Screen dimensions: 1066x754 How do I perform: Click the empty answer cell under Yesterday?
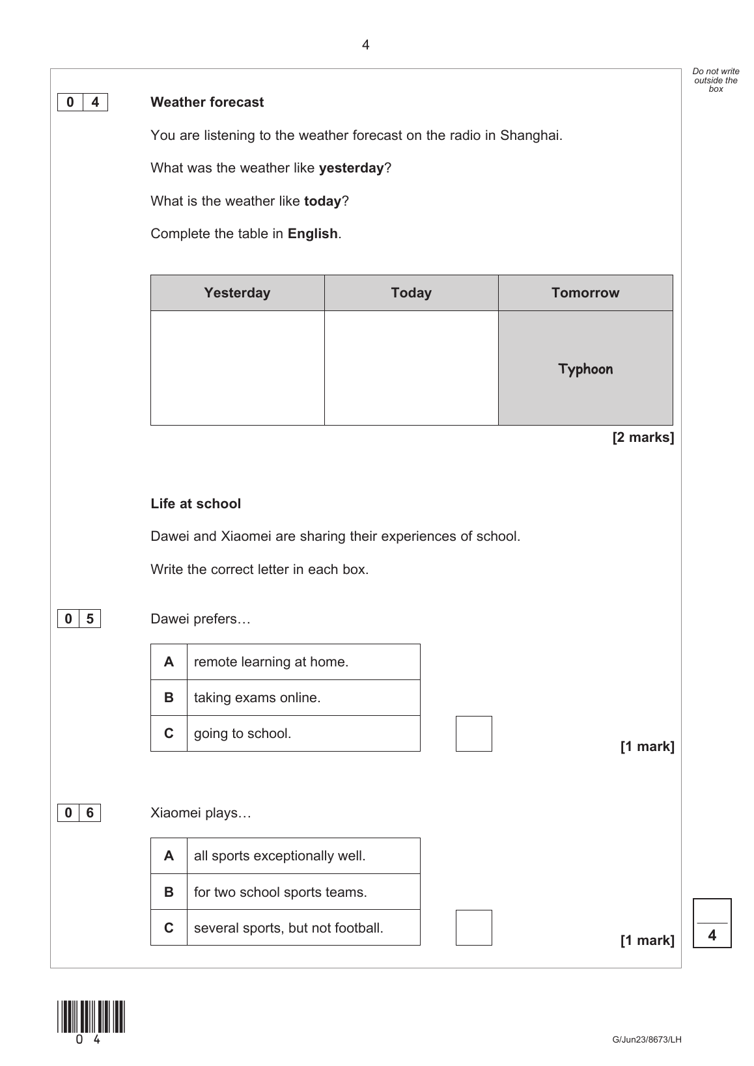pyautogui.click(x=237, y=368)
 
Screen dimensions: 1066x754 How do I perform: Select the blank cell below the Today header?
pyautogui.click(x=411, y=368)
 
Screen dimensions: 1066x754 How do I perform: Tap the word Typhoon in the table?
pyautogui.click(x=585, y=369)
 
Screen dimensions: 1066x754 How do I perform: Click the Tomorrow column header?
pyautogui.click(x=585, y=293)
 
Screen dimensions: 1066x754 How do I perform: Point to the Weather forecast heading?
pyautogui.click(x=207, y=102)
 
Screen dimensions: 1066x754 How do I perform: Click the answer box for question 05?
pyautogui.click(x=473, y=733)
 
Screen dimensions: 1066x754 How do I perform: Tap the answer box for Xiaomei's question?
pyautogui.click(x=473, y=927)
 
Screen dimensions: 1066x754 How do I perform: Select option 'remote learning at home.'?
pyautogui.click(x=271, y=662)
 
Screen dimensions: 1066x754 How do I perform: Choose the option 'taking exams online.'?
pyautogui.click(x=257, y=698)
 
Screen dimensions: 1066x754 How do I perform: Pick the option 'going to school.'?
pyautogui.click(x=242, y=733)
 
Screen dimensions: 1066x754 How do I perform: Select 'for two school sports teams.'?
pyautogui.click(x=280, y=892)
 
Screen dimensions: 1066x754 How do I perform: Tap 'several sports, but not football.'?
pyautogui.click(x=288, y=927)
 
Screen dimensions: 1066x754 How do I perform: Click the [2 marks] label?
pyautogui.click(x=643, y=437)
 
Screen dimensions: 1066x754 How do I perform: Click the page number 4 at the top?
pyautogui.click(x=365, y=45)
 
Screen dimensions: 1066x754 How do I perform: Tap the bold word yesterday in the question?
pyautogui.click(x=351, y=168)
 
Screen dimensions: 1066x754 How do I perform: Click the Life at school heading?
pyautogui.click(x=195, y=504)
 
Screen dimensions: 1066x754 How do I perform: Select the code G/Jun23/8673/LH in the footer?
pyautogui.click(x=647, y=1039)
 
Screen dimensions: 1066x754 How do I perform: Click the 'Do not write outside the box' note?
pyautogui.click(x=716, y=80)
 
